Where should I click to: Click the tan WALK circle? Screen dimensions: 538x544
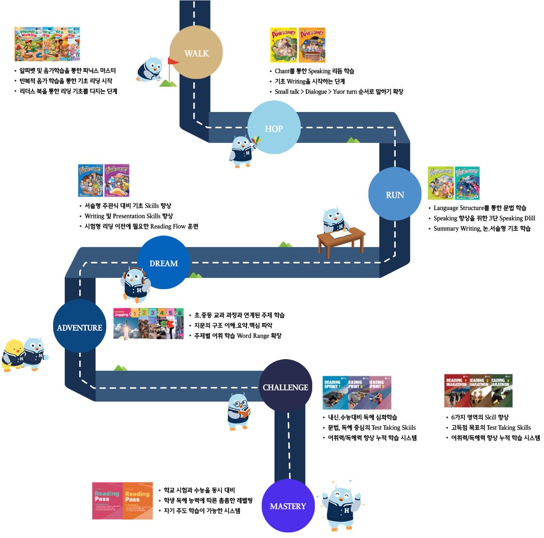(196, 52)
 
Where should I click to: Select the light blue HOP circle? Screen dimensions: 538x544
(274, 127)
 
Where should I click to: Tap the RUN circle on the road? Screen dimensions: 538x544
(395, 194)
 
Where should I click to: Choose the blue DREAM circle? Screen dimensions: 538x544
(163, 263)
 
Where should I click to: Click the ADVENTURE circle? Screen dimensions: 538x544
(80, 326)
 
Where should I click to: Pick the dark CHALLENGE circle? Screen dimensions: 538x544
(285, 386)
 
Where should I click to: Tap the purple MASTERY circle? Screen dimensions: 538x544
(288, 505)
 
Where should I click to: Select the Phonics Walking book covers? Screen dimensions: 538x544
(47, 44)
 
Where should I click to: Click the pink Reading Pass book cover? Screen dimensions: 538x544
(107, 500)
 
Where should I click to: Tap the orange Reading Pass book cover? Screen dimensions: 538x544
(138, 500)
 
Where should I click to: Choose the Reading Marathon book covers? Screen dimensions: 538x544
(478, 391)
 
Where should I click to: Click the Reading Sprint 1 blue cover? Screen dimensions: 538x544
(335, 393)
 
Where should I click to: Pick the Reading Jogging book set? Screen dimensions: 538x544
(148, 323)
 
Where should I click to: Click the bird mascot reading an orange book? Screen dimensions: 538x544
(239, 411)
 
